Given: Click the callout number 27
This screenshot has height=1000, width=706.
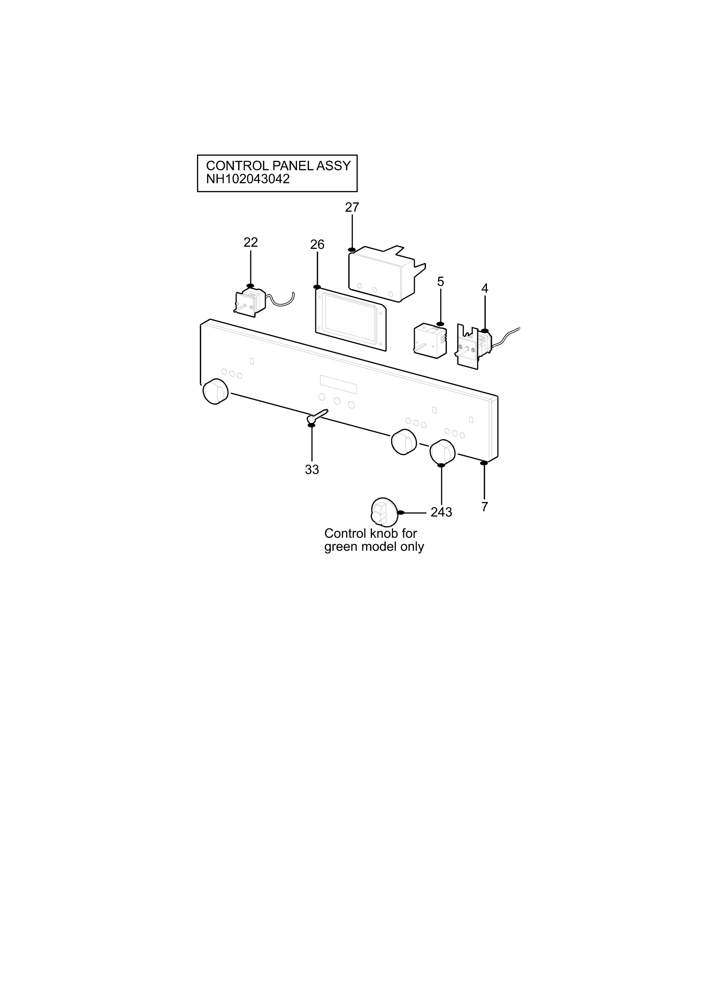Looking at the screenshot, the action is [x=352, y=207].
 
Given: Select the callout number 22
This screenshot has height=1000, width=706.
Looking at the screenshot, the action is [x=251, y=242].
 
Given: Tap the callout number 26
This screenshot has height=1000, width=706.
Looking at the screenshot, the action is [x=317, y=245].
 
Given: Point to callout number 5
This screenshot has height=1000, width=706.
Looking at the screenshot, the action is [x=441, y=282].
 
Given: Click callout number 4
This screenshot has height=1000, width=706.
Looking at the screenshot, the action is [x=485, y=288].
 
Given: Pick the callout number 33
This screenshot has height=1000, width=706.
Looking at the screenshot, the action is [x=312, y=470].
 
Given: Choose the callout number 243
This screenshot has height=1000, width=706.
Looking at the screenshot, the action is [x=442, y=512].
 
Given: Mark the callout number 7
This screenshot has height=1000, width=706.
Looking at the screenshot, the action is [x=484, y=507].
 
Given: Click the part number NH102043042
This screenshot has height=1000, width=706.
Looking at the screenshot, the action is [x=248, y=179].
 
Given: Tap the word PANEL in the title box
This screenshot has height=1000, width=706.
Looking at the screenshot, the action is [x=292, y=165].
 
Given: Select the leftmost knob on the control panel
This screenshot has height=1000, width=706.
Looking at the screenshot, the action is [x=215, y=392].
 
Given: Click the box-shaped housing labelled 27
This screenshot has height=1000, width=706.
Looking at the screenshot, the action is [x=385, y=273].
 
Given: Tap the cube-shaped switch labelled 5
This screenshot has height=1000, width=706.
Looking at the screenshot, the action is [x=429, y=340].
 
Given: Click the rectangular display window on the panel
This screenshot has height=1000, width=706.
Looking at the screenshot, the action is [x=338, y=385].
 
